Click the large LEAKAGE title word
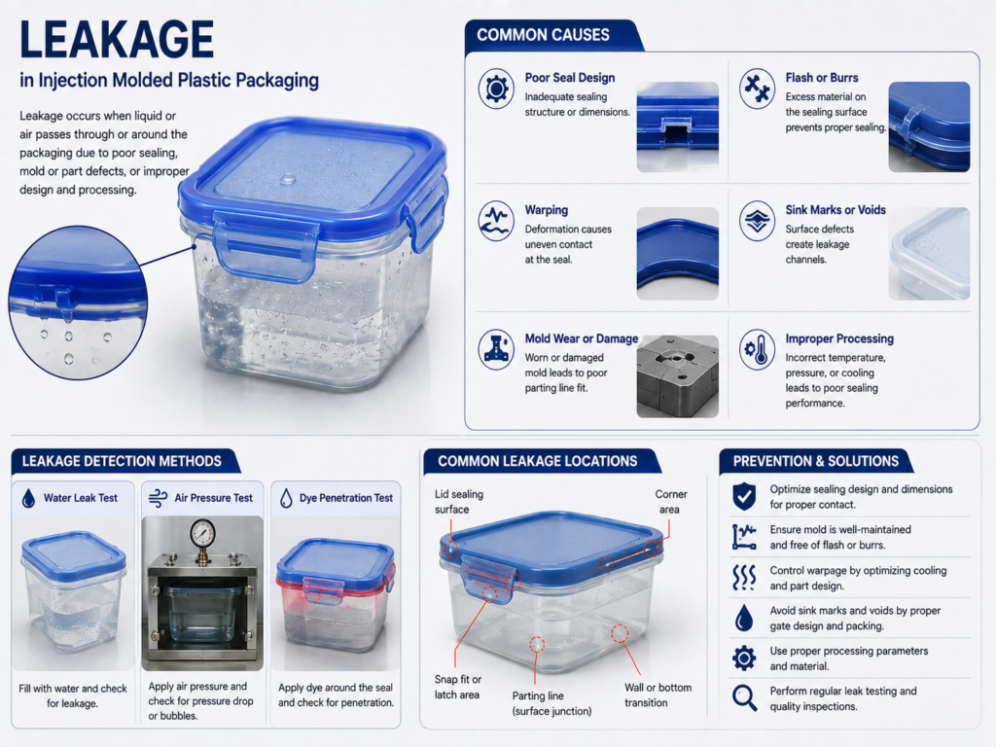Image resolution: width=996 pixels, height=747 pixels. click(117, 39)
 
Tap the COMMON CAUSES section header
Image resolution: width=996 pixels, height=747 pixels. click(543, 35)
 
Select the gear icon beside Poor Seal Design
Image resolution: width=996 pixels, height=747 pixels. click(496, 89)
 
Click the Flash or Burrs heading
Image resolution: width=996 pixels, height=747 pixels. click(821, 78)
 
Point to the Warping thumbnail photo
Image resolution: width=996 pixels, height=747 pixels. click(678, 254)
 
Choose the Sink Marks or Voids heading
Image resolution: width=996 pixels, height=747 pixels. click(836, 210)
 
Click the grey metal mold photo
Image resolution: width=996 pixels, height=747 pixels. click(678, 376)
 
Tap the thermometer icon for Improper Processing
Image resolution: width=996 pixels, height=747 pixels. click(757, 349)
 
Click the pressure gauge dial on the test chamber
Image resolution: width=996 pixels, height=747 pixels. click(202, 532)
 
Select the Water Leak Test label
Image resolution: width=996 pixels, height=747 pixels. click(81, 498)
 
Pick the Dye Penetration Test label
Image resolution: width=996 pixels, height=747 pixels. click(346, 498)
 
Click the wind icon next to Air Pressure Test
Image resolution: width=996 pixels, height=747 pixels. click(158, 499)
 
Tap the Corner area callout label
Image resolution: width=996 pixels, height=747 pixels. click(670, 502)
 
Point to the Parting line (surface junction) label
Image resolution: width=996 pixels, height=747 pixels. click(552, 703)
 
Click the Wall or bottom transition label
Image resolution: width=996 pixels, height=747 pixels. click(658, 694)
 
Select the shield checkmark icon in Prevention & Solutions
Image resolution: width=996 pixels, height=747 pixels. click(744, 496)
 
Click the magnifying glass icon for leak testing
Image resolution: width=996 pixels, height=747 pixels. click(744, 697)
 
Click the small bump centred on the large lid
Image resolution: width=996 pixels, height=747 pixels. click(287, 179)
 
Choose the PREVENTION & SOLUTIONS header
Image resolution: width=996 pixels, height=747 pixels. click(816, 461)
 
